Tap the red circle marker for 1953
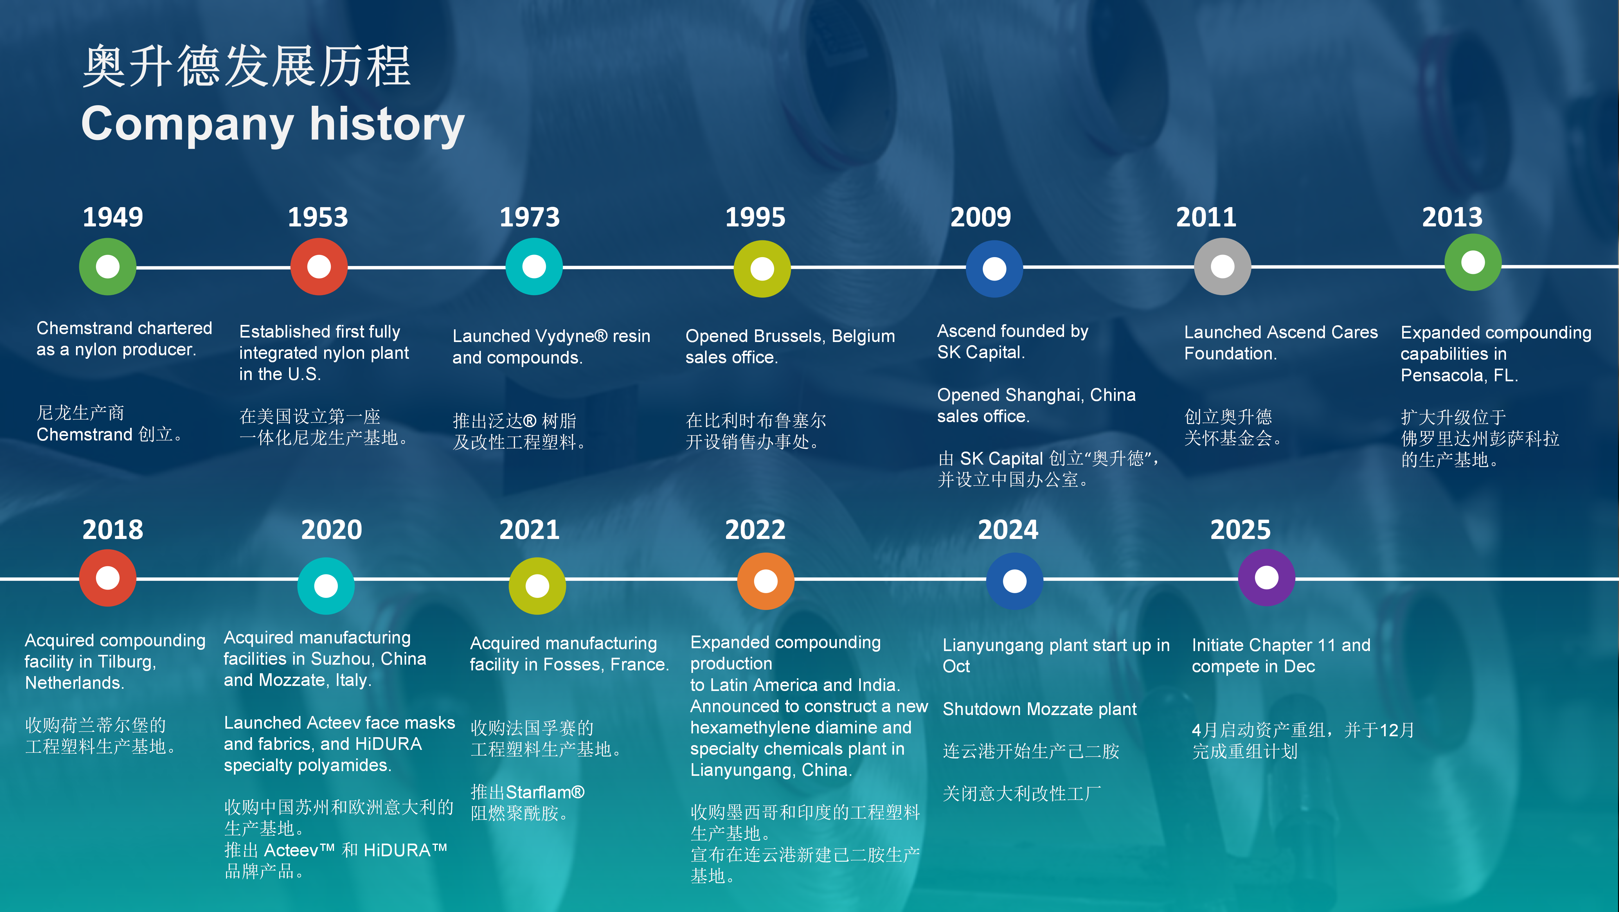click(319, 267)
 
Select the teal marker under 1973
click(534, 267)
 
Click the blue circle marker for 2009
click(994, 269)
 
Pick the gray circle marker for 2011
click(1222, 267)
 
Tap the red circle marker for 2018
click(107, 578)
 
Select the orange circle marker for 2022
click(765, 581)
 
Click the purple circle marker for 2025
click(1266, 578)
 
